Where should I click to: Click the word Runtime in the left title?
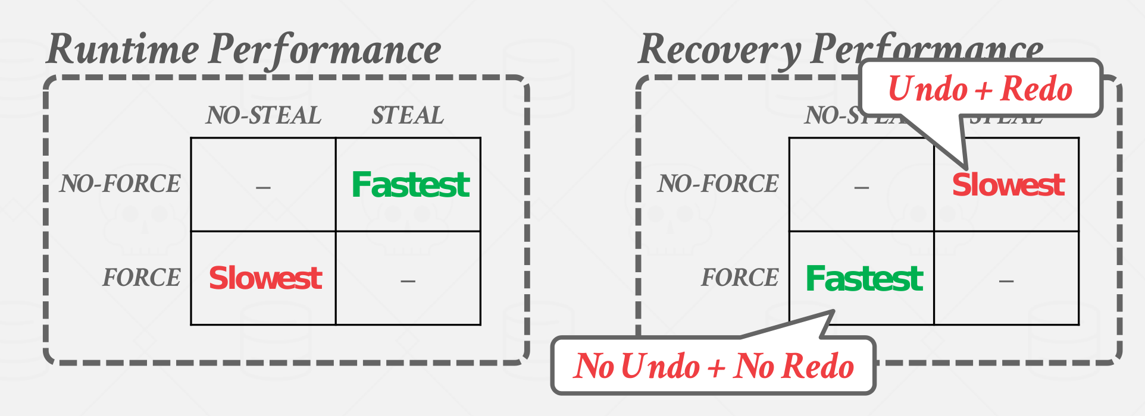[x=122, y=49]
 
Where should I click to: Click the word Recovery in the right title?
[x=719, y=49]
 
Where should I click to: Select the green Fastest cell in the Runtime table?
[x=410, y=184]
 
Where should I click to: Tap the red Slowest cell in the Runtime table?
[x=265, y=278]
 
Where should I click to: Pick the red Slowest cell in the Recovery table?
[x=1008, y=184]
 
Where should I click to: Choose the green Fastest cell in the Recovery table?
[x=864, y=278]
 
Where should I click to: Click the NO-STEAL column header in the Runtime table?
[x=264, y=115]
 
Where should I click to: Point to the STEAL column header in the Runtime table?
[x=408, y=115]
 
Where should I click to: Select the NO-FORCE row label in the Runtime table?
[x=120, y=184]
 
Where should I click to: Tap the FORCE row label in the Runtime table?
[x=142, y=278]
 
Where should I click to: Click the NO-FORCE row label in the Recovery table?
[x=718, y=184]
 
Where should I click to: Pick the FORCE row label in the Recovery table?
[x=740, y=278]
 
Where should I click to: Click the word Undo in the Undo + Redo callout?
[x=928, y=89]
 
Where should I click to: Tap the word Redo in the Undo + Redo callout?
[x=1036, y=89]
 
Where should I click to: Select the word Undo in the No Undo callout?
[x=661, y=366]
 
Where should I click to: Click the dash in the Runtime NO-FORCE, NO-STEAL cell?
[x=263, y=188]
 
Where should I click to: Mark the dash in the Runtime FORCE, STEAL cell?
[x=408, y=281]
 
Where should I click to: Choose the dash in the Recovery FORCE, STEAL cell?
[x=1006, y=281]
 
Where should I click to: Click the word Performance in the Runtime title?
[x=325, y=49]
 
